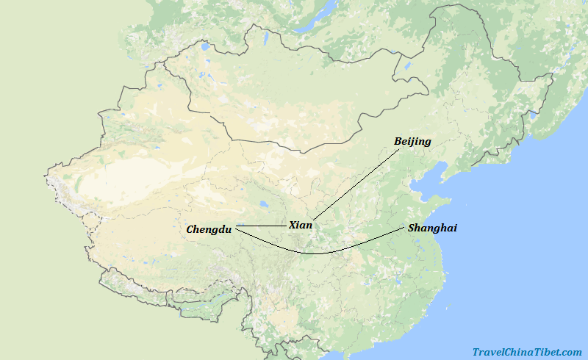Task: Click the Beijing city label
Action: (412, 141)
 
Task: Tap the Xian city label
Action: (300, 225)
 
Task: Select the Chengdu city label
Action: (209, 229)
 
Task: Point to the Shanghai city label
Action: (432, 228)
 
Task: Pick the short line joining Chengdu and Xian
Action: (260, 226)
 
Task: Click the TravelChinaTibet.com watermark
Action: (527, 353)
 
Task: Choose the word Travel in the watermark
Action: (488, 353)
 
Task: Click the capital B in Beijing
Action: (398, 141)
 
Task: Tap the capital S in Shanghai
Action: (412, 228)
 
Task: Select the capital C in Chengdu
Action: (190, 229)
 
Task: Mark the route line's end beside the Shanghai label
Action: (404, 228)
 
